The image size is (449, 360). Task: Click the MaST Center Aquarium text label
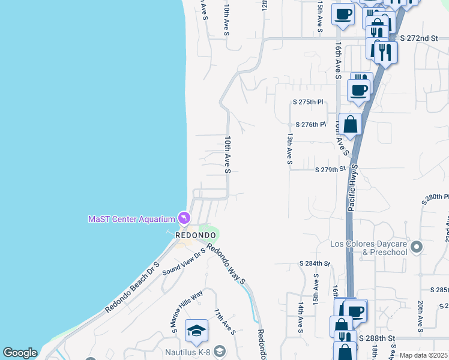[131, 219]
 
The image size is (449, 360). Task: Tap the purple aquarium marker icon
[183, 217]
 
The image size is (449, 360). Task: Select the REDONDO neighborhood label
[195, 235]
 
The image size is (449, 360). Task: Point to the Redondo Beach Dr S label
[133, 287]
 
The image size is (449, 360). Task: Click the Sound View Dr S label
[183, 262]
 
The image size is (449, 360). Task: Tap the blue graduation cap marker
[196, 329]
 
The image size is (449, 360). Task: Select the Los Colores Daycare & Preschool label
[369, 248]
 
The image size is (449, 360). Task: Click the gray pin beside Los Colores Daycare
[417, 246]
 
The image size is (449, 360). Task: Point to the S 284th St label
[315, 263]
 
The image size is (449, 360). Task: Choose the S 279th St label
[331, 170]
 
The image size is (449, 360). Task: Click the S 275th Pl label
[308, 103]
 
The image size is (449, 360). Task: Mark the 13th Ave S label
[289, 149]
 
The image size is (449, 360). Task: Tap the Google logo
[20, 353]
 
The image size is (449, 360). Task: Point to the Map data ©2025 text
[423, 355]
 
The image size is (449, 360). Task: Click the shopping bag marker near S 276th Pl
[351, 124]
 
